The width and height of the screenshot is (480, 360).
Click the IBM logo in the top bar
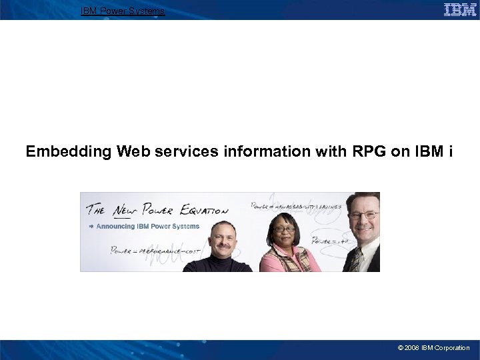tap(460, 9)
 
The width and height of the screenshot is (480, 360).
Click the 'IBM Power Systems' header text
tap(123, 11)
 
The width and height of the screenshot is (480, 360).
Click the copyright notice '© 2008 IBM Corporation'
tap(433, 348)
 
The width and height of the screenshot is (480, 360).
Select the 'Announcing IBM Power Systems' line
tap(147, 226)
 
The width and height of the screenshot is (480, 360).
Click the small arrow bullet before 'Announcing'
tap(91, 226)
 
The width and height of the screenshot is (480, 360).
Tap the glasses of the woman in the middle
tap(285, 229)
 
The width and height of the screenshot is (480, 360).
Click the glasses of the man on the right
tap(363, 215)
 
